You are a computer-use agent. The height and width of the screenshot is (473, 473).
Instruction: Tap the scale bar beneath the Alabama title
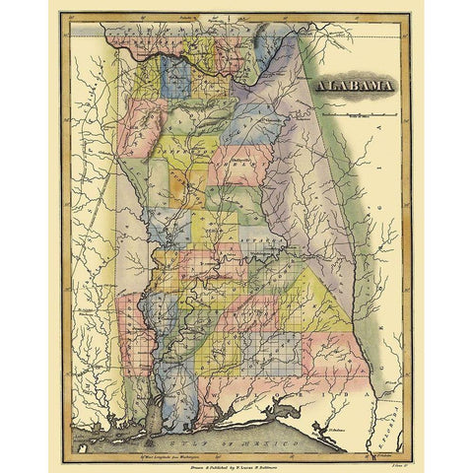click(x=360, y=115)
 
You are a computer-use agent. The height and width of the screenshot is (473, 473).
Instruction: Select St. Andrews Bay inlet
click(x=325, y=426)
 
